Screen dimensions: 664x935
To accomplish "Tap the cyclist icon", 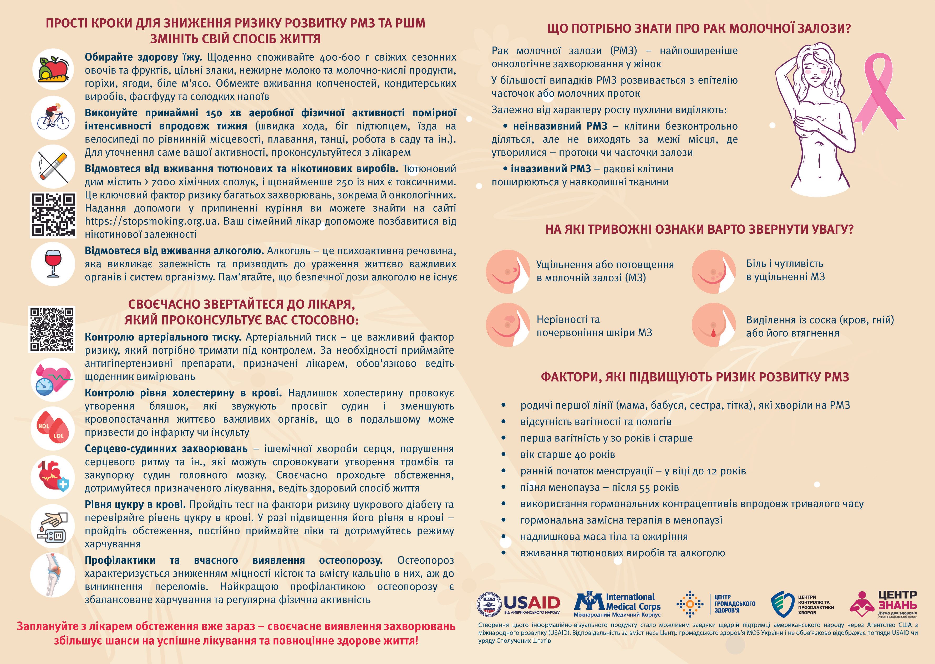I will pos(53,117).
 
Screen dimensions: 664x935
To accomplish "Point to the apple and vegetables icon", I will pos(53,69).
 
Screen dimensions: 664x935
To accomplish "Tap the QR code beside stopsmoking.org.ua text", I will pos(53,215).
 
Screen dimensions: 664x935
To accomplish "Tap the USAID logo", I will pos(519,604).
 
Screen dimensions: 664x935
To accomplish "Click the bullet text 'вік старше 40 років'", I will pos(567,455).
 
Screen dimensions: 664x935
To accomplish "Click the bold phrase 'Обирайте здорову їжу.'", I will pos(143,57).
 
